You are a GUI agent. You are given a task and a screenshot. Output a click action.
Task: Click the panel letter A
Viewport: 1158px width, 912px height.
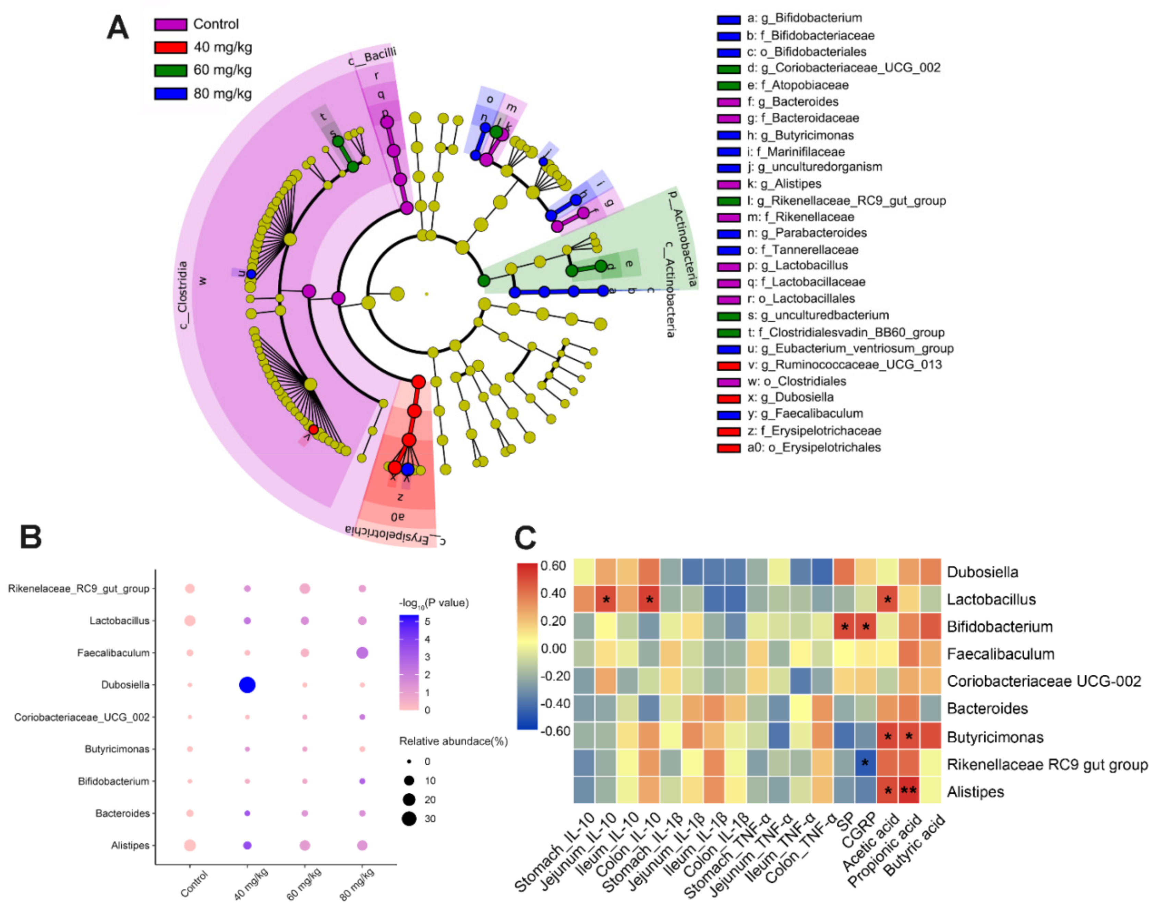[x=118, y=28]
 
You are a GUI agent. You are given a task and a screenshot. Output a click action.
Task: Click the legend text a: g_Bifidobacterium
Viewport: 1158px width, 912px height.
[x=804, y=18]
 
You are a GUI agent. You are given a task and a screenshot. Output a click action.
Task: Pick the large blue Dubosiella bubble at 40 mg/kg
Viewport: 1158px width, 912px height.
[x=247, y=685]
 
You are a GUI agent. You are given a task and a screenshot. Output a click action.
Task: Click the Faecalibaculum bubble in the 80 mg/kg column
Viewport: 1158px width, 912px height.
[x=362, y=652]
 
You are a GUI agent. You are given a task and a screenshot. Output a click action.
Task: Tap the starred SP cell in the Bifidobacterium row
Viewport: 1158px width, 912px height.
[x=844, y=627]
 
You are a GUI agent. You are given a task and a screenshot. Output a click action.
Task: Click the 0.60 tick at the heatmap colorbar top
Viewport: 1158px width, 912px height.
[x=553, y=566]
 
